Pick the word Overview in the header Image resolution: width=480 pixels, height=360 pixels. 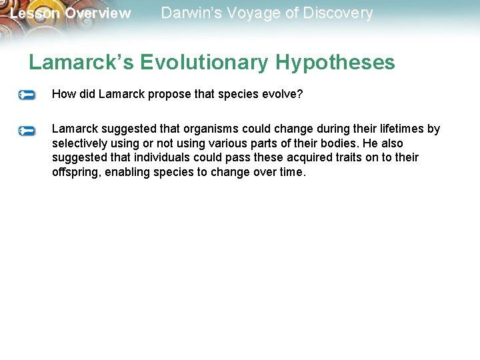tap(97, 13)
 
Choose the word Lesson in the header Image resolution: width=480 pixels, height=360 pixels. tap(35, 13)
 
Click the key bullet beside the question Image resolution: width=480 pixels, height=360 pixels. tap(27, 95)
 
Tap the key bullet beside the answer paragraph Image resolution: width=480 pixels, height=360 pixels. tap(27, 130)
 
